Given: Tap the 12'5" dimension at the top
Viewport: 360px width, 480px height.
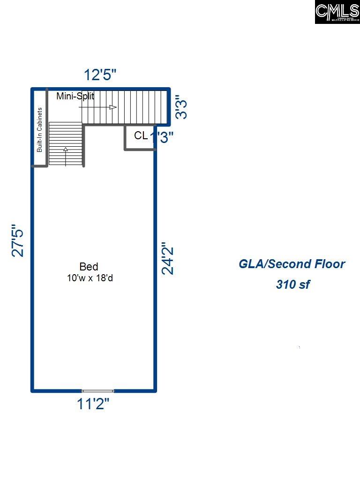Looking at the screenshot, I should click(100, 75).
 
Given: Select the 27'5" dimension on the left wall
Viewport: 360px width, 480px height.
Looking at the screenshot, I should click(18, 240).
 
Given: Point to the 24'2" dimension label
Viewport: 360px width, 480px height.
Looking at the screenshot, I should click(167, 258).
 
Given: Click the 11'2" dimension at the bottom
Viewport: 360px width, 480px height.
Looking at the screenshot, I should click(93, 404).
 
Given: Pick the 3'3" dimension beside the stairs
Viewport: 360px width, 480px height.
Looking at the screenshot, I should click(181, 108).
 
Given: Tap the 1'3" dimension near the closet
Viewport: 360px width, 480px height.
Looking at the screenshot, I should click(162, 137).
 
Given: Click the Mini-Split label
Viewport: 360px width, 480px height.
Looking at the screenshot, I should click(75, 97).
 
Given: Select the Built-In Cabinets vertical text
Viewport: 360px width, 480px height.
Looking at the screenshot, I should click(40, 130).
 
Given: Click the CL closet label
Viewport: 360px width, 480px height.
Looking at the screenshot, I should click(141, 136).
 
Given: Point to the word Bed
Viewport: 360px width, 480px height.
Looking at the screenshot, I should click(89, 267).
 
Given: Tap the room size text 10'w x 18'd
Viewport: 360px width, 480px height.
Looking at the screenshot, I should click(90, 278).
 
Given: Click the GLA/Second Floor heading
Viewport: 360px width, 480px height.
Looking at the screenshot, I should click(292, 264).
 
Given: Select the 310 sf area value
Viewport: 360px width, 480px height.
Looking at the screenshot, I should click(292, 285).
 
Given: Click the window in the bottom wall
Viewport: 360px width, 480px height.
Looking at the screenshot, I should click(98, 390).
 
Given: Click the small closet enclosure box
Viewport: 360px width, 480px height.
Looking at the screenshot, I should click(140, 137).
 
